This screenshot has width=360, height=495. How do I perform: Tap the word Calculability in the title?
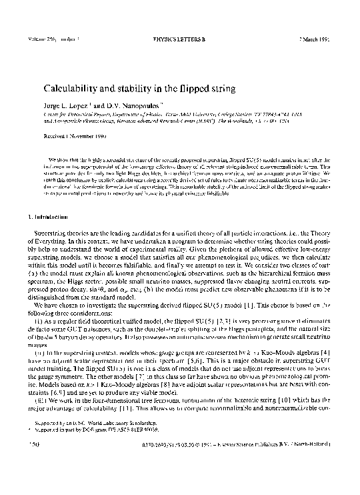(x=73, y=88)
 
